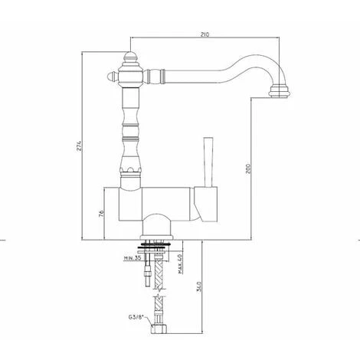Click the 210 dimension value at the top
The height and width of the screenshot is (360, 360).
click(205, 34)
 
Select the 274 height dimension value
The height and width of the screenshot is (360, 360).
click(79, 146)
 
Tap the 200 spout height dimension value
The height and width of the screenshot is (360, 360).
click(248, 169)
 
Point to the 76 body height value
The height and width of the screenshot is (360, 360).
click(101, 214)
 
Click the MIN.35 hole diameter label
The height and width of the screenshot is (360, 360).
click(133, 258)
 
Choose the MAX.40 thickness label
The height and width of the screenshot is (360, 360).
click(180, 264)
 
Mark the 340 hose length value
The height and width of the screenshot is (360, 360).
click(199, 286)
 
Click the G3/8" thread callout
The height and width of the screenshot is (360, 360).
click(136, 318)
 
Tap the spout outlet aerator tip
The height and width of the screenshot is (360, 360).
click(280, 92)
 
